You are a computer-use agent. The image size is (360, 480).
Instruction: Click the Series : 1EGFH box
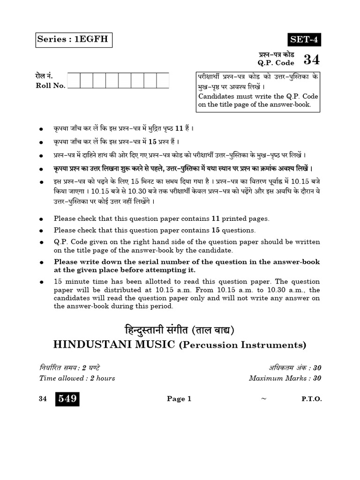74,39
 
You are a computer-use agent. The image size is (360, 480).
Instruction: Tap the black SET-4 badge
304,40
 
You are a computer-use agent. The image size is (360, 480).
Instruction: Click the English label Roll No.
51,85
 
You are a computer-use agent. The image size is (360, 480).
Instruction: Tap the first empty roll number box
74,80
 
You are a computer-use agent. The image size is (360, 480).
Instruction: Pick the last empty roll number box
162,80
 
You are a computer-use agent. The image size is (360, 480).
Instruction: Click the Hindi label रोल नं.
44,75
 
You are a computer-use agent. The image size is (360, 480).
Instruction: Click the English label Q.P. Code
276,63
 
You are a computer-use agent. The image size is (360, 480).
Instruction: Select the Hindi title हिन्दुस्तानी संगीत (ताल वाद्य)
180,330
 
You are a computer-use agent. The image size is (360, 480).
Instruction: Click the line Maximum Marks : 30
285,378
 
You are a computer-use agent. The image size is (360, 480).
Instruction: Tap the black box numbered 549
67,399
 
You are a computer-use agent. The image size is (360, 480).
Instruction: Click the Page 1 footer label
179,399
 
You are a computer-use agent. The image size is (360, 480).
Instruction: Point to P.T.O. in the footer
312,399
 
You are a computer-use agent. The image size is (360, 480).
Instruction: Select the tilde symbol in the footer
263,399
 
